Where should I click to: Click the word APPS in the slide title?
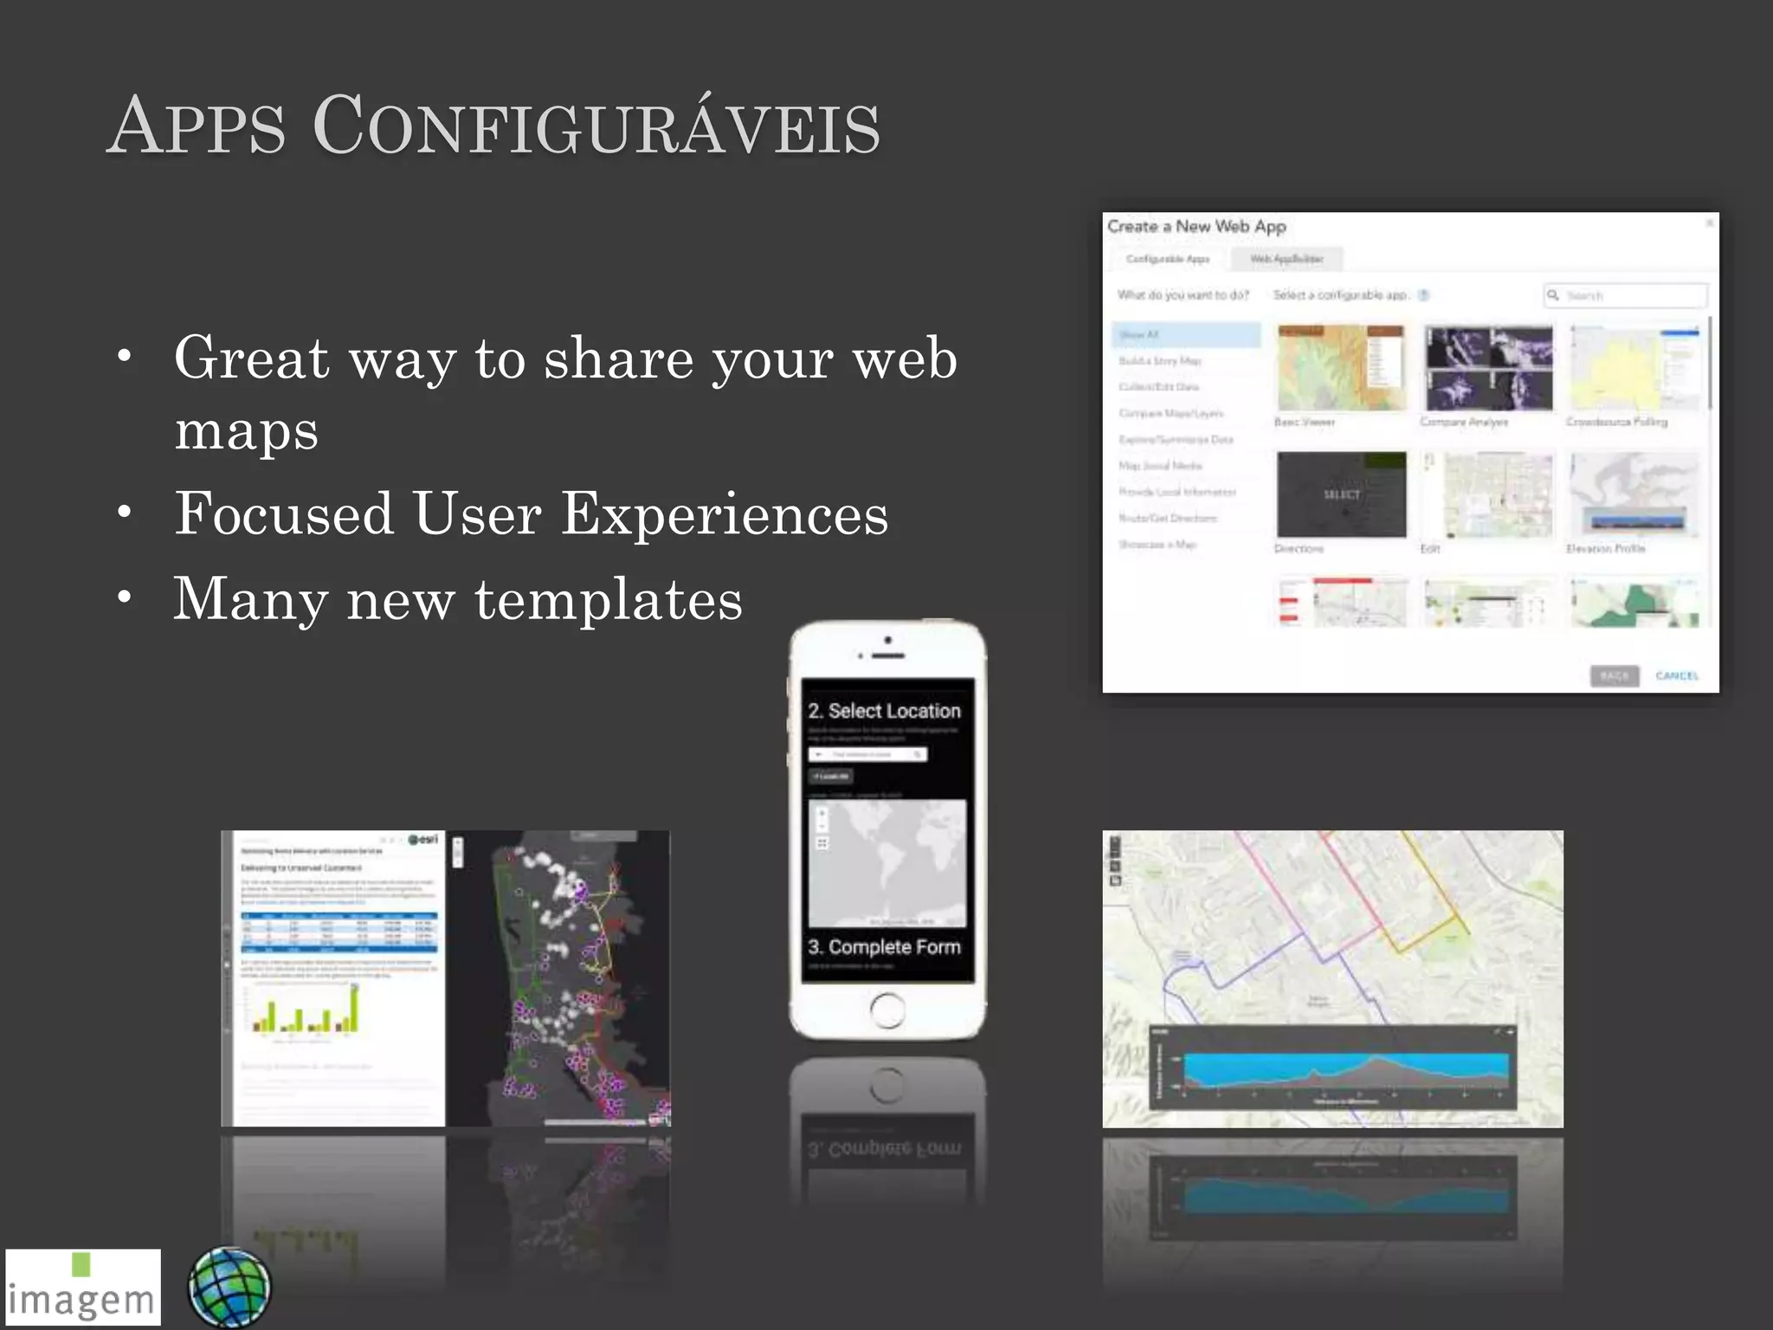[197, 128]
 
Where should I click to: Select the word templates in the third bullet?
[609, 599]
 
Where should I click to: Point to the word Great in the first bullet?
[251, 358]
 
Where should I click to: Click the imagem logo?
[82, 1288]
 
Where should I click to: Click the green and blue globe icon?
[229, 1287]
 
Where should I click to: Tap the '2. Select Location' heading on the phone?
[884, 711]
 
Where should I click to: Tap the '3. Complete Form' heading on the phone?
[884, 947]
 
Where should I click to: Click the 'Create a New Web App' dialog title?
[1196, 227]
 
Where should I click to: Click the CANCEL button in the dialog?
[1676, 675]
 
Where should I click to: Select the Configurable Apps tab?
[1167, 259]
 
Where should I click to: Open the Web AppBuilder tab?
[1286, 259]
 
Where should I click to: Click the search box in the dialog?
[1626, 296]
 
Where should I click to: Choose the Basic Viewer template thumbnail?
[1341, 368]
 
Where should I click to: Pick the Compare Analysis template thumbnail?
[1489, 368]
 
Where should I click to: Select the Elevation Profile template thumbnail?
[1634, 494]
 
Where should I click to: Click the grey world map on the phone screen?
[886, 862]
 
